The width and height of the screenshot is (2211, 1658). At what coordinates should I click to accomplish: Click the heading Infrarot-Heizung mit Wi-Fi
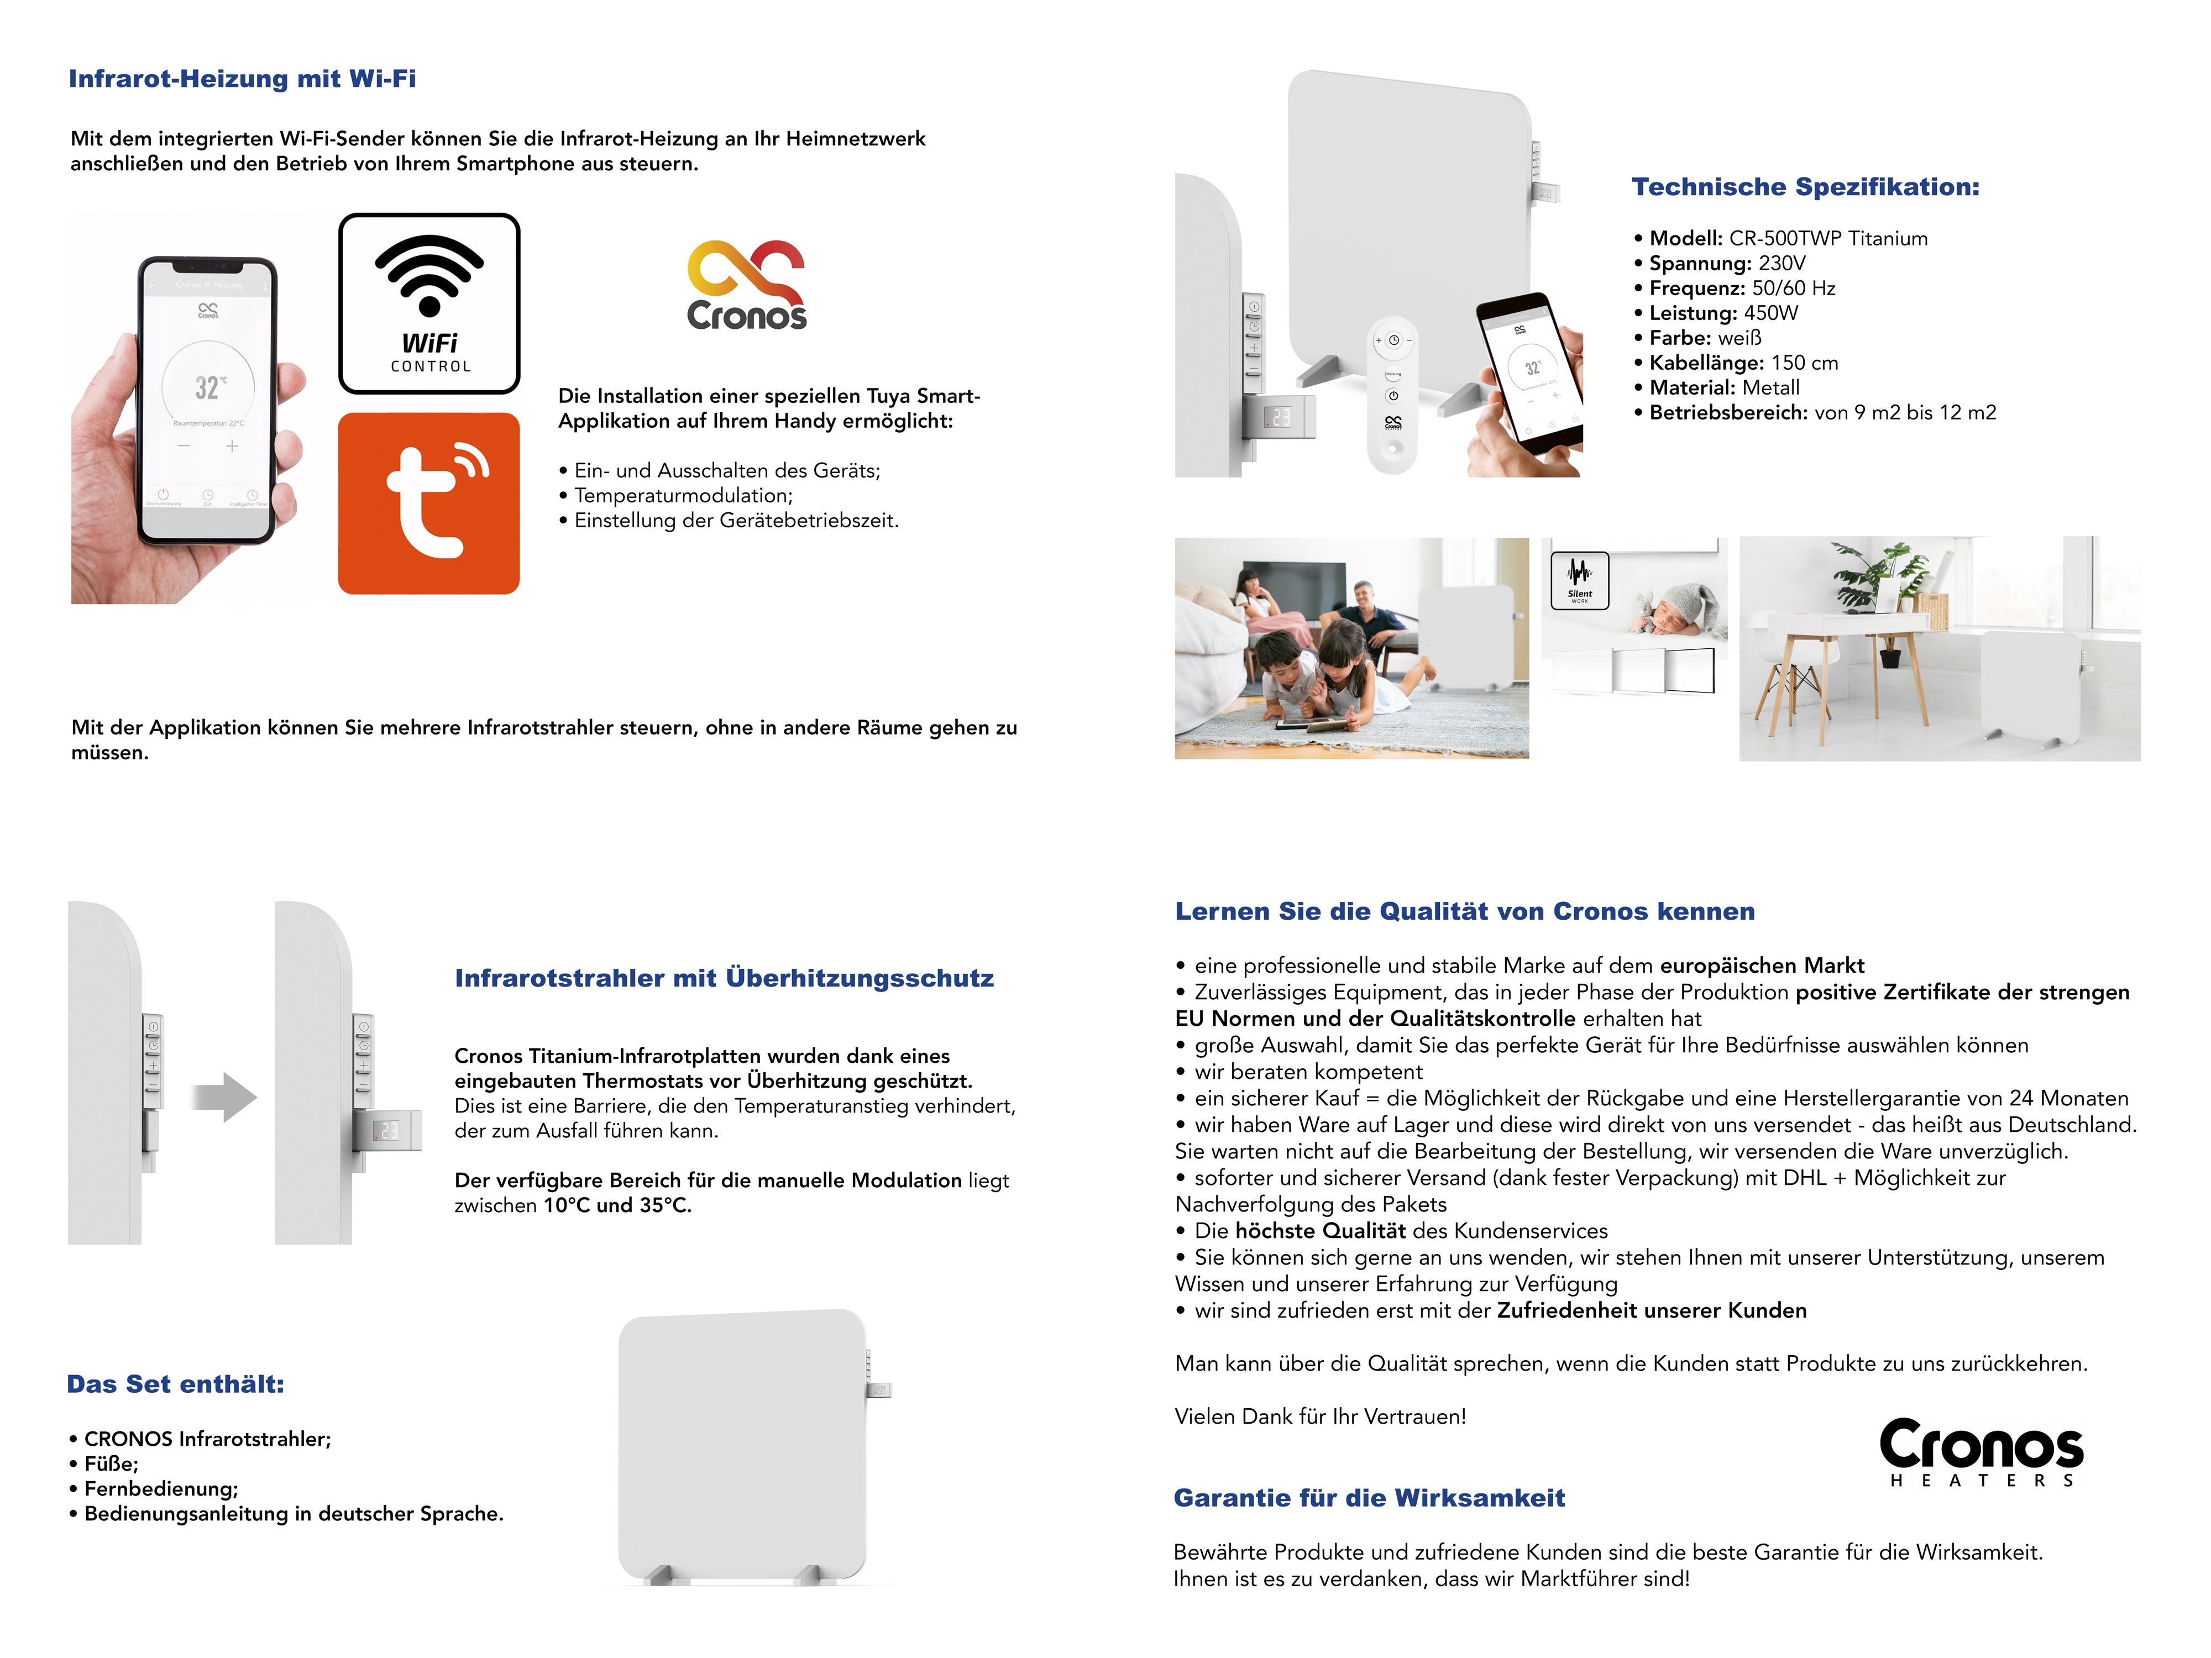242,79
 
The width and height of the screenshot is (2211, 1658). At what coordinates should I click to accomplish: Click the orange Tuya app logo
429,503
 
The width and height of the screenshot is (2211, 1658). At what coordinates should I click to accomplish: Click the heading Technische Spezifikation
1805,187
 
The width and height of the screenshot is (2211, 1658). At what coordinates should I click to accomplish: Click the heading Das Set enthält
176,1384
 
